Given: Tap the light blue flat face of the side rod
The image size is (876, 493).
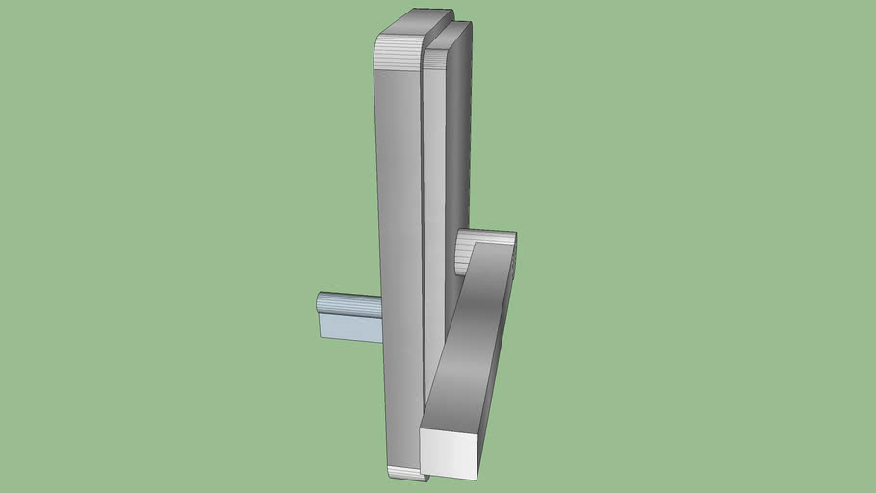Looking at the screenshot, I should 348,328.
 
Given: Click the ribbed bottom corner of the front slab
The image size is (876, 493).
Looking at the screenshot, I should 404,473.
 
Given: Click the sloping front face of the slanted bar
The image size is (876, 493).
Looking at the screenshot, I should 472,337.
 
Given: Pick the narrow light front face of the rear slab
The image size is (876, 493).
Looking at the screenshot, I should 435,193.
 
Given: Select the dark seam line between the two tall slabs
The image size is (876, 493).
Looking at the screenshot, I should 425,241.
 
